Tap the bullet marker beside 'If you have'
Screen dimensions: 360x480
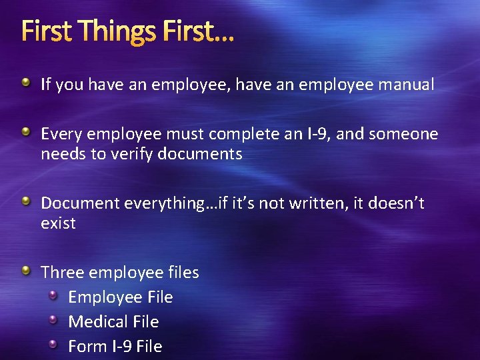(25, 83)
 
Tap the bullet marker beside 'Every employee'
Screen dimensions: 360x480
(25, 132)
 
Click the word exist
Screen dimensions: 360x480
(58, 223)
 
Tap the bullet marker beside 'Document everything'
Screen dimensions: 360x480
(25, 201)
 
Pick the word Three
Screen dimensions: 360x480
(63, 272)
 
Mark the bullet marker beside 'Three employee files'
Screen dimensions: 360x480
(25, 270)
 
